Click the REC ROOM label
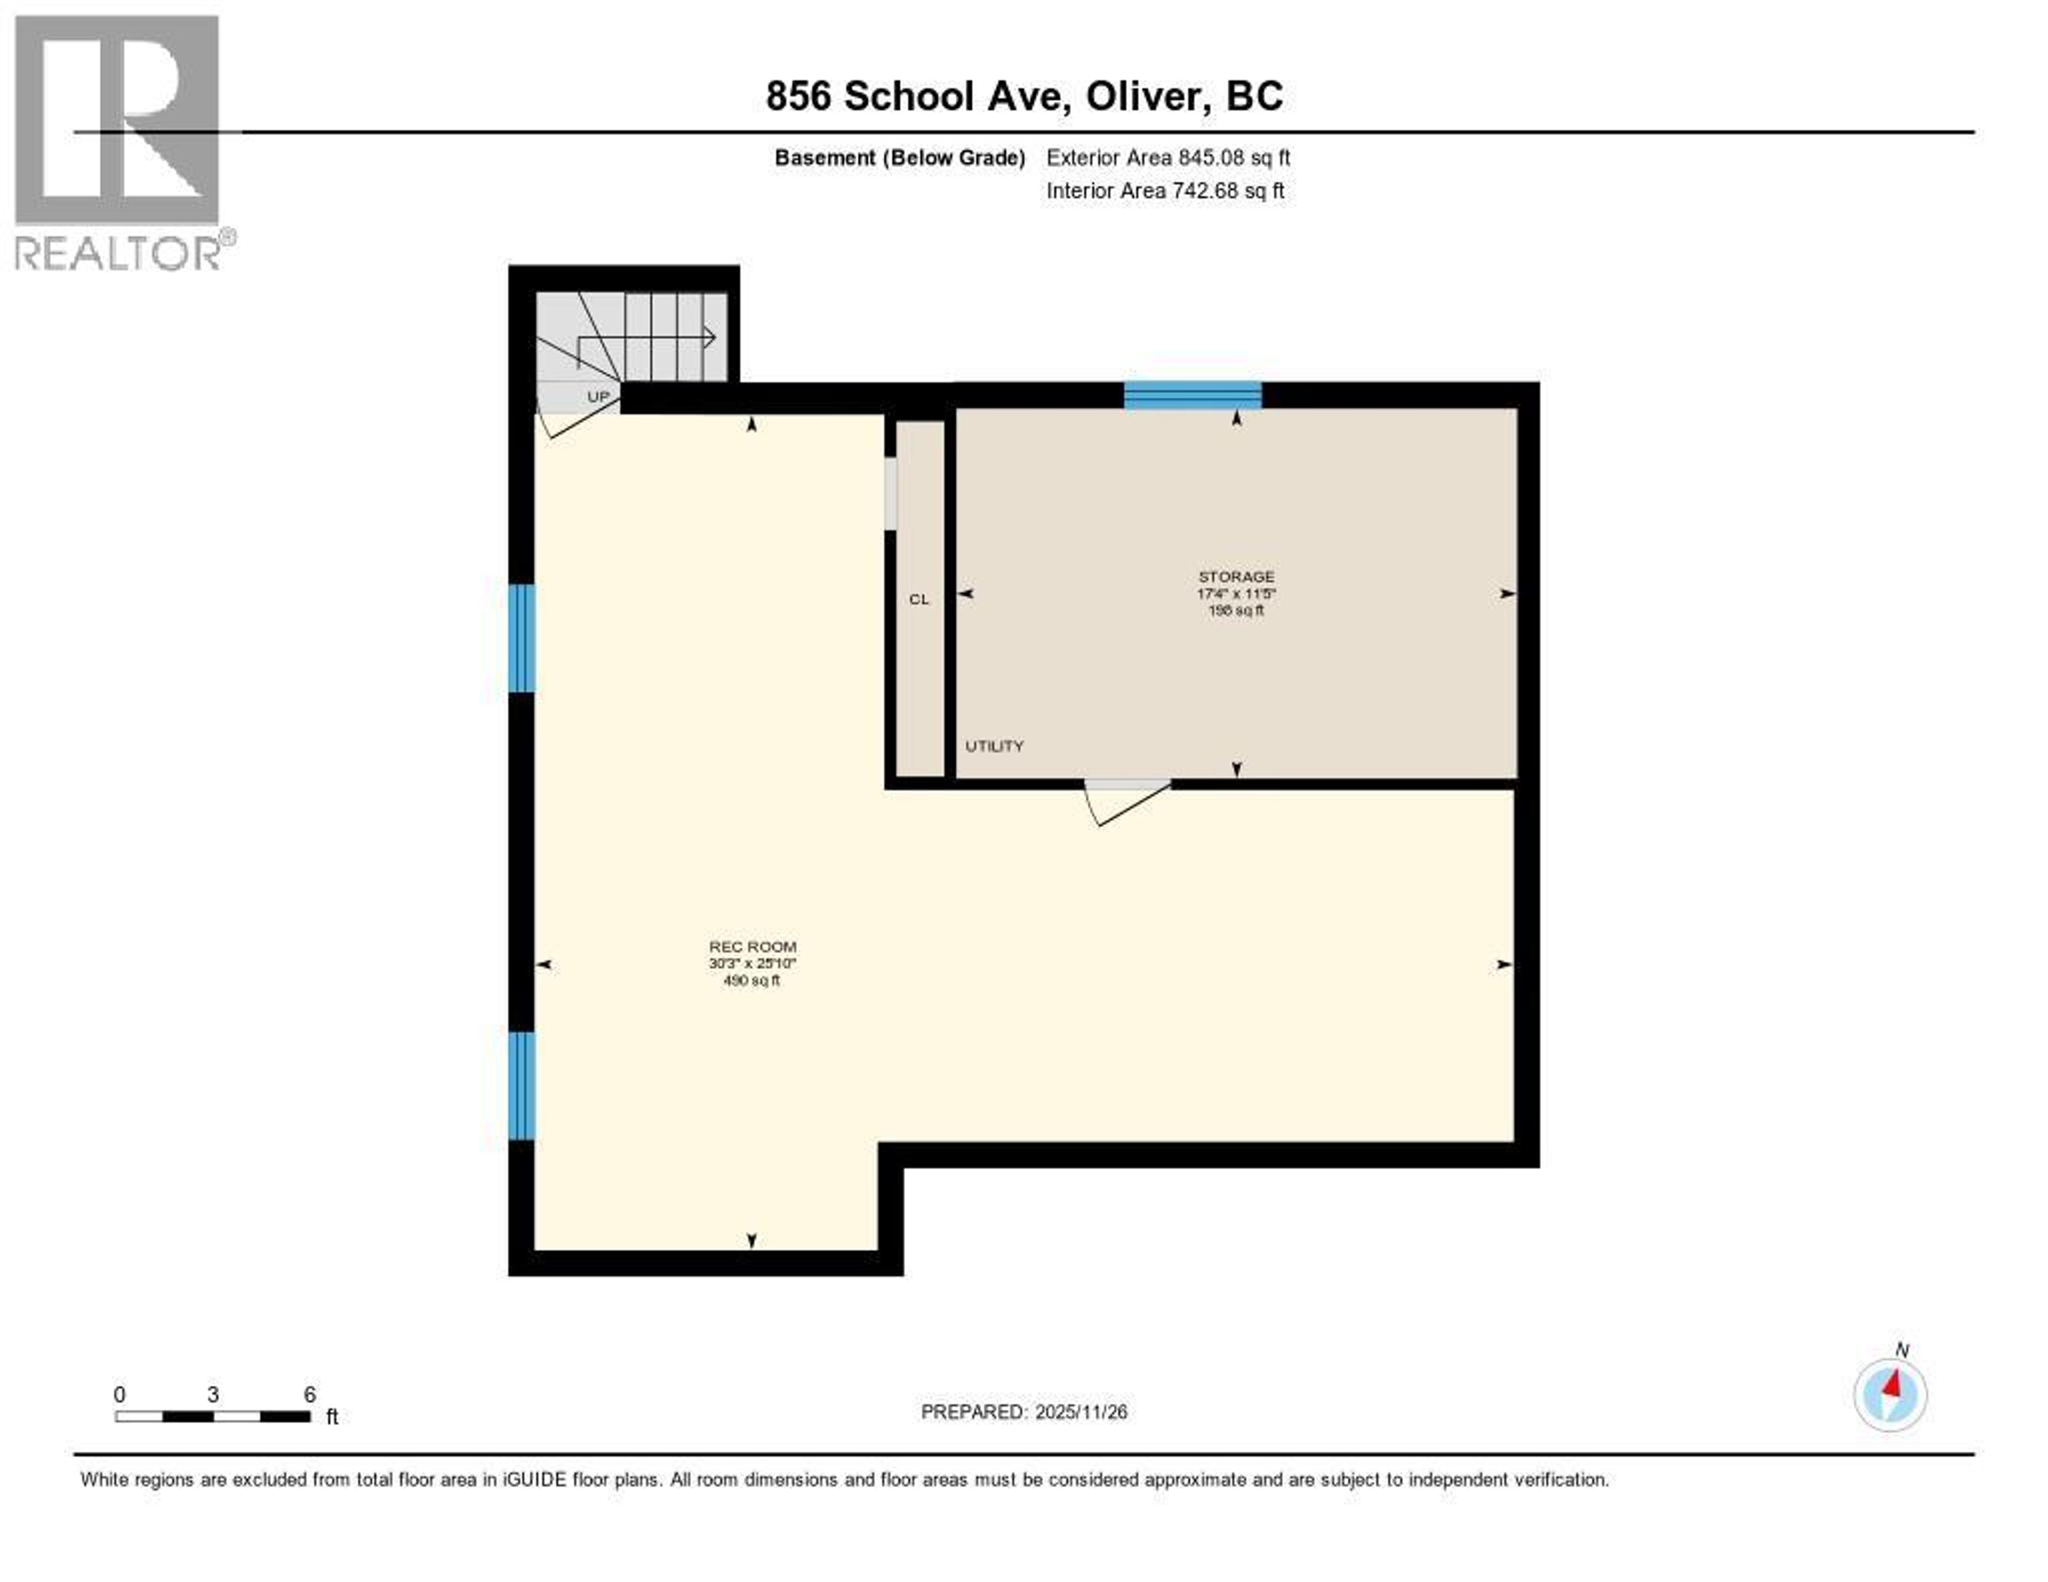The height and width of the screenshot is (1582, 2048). tap(752, 947)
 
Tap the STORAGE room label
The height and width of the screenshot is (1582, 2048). tap(1236, 577)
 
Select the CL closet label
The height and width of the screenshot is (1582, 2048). tap(919, 599)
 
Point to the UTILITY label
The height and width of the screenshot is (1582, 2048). tap(994, 746)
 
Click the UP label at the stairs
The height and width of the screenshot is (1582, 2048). tap(597, 397)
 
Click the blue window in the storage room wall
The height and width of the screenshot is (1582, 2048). tap(1192, 396)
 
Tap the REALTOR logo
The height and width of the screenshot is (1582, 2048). tap(119, 141)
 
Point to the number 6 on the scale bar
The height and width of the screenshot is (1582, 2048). tap(309, 1394)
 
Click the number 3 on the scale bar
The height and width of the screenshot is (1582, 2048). tap(213, 1394)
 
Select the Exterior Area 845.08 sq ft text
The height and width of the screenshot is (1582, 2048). tap(1167, 157)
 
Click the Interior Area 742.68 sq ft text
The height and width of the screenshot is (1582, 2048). tap(1165, 191)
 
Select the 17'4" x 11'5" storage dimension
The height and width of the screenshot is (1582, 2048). tap(1236, 594)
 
